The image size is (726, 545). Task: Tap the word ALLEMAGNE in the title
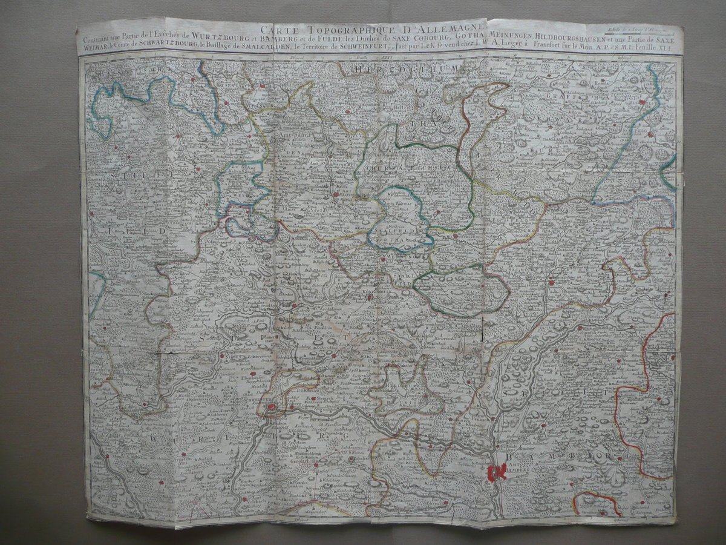(x=445, y=28)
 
